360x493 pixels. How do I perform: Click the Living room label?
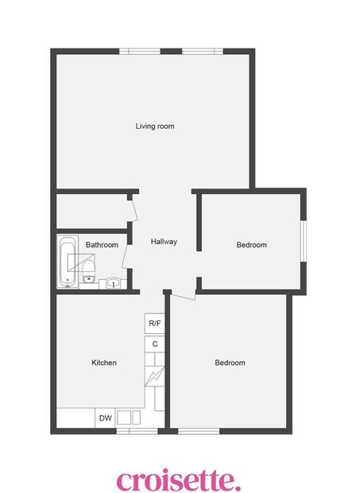click(x=154, y=126)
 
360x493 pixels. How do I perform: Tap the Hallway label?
click(x=164, y=242)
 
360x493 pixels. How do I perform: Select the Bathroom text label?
click(x=102, y=245)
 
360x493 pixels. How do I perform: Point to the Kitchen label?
click(x=104, y=363)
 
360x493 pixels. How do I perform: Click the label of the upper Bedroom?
click(x=251, y=245)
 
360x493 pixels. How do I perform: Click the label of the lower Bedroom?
click(x=230, y=363)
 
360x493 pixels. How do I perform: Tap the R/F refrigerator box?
click(x=155, y=324)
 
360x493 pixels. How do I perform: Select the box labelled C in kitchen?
click(x=155, y=344)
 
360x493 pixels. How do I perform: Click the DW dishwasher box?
click(x=105, y=418)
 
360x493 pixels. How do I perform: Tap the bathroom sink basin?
click(x=114, y=282)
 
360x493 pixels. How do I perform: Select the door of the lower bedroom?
click(x=183, y=296)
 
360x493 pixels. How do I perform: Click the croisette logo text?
click(x=178, y=480)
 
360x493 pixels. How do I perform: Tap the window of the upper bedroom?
click(x=304, y=240)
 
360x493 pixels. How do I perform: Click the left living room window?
click(x=140, y=52)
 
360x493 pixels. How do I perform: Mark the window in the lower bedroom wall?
click(x=198, y=432)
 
